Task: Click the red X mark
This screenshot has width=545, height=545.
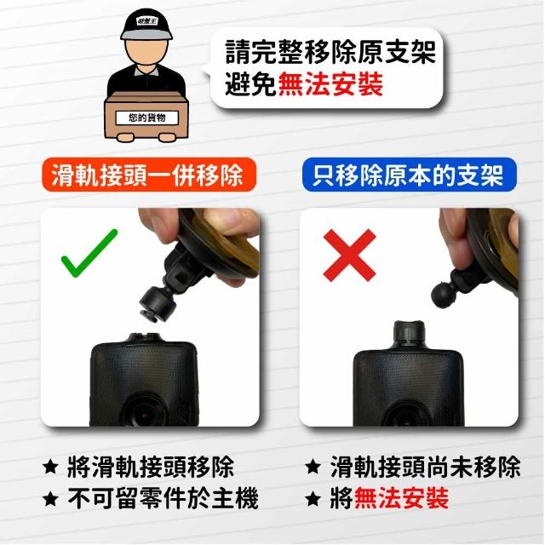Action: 349,255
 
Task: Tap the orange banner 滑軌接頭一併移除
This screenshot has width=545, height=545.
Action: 149,175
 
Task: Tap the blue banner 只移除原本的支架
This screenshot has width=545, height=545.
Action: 409,175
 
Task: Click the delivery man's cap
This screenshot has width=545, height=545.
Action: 146,25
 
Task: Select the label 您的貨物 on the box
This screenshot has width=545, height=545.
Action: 146,118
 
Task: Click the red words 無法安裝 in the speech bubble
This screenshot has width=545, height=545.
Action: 330,84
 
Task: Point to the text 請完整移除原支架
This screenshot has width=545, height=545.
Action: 330,52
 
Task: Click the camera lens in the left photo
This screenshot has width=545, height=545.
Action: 145,412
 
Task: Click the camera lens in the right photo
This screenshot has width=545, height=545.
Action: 407,415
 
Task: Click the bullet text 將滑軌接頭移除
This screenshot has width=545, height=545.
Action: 151,468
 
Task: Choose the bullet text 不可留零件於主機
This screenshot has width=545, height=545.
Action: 163,498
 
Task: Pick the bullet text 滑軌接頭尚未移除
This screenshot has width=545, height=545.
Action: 425,467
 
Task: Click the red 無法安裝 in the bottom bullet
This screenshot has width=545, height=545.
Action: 401,497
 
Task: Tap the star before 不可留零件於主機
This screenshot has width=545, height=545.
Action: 51,499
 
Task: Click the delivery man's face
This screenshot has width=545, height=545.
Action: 146,52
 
